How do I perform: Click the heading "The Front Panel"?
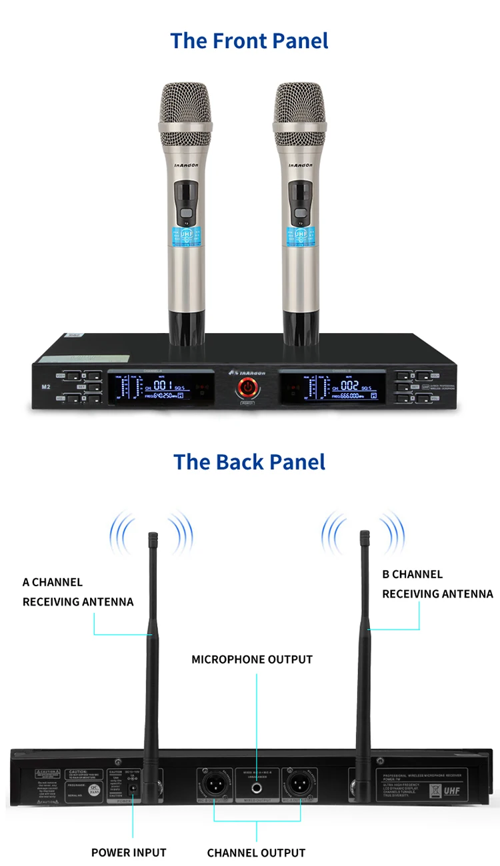tap(249, 41)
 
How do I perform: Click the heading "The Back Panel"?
tap(249, 462)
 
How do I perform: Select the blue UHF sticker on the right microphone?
tap(299, 234)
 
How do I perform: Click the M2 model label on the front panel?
tap(46, 386)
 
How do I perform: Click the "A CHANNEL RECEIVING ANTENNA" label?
tap(78, 592)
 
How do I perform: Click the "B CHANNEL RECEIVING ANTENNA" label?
tap(437, 584)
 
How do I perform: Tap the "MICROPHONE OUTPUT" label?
tap(252, 659)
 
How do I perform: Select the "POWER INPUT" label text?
tap(129, 852)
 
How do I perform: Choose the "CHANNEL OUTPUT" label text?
tap(256, 853)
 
